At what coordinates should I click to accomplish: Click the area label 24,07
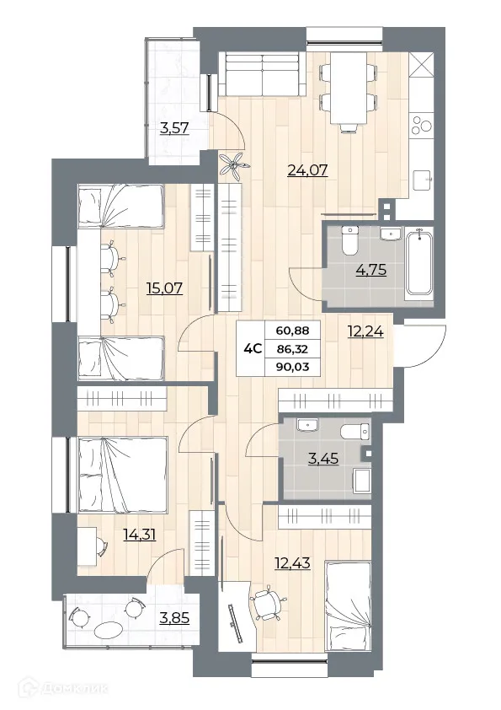306,170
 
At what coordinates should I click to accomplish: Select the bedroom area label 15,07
166,289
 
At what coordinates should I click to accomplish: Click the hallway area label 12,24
365,331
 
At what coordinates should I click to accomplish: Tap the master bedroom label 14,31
141,534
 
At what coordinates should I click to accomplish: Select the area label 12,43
291,562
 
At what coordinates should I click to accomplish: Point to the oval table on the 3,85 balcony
109,629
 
